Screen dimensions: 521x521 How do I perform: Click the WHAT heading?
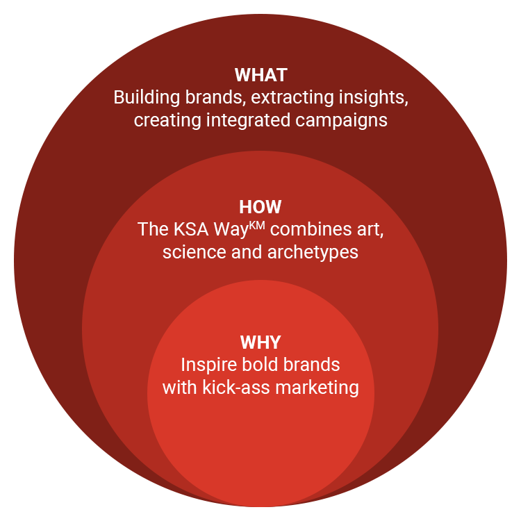[260, 75]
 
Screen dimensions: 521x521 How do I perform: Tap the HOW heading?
[260, 207]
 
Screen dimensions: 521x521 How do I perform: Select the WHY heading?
[260, 342]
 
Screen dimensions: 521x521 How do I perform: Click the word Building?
[147, 98]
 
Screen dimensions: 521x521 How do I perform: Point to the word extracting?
[292, 97]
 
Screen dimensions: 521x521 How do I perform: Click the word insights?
[374, 98]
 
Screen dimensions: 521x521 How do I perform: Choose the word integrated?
[248, 121]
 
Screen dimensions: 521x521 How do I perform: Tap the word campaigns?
[341, 121]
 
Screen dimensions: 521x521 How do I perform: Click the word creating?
[167, 121]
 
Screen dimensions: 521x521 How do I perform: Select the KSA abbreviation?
[191, 229]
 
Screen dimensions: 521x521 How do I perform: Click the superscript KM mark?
[257, 226]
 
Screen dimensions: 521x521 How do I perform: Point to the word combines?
[311, 229]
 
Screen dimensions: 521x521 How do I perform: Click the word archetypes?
[313, 253]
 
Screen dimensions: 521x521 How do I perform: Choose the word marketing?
[317, 388]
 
